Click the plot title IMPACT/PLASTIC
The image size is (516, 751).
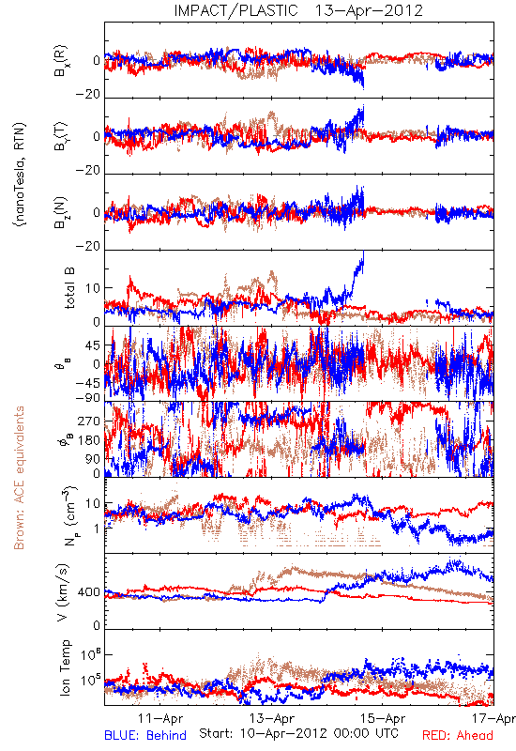(x=235, y=10)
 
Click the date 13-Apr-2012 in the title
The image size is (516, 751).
(x=369, y=10)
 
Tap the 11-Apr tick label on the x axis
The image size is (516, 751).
(x=160, y=718)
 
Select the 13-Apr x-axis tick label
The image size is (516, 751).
(x=271, y=718)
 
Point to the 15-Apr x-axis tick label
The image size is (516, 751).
(x=383, y=718)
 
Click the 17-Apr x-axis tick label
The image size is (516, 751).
(x=493, y=718)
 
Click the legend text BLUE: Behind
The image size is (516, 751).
(x=145, y=735)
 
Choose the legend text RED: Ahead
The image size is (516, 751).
(x=457, y=735)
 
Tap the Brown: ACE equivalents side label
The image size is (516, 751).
(x=19, y=478)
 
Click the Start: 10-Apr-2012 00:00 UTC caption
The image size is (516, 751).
(x=298, y=733)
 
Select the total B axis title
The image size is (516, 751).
(x=69, y=288)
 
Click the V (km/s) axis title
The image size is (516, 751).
(x=64, y=592)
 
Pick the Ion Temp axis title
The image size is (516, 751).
(x=65, y=667)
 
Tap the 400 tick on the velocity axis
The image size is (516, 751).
(x=89, y=592)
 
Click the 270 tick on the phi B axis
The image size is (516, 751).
(x=89, y=421)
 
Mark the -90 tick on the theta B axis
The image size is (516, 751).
(x=88, y=398)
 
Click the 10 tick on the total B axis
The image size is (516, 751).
(x=93, y=288)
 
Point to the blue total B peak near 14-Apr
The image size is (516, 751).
(x=363, y=253)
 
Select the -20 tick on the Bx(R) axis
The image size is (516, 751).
(x=88, y=95)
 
